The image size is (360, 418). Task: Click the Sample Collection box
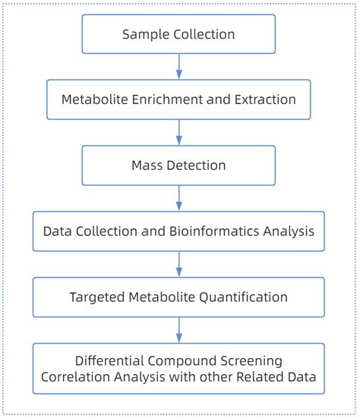(x=179, y=34)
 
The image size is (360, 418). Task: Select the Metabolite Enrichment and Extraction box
(x=179, y=99)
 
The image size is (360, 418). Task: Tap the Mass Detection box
(x=179, y=165)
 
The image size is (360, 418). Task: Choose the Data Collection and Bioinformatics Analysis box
(x=179, y=231)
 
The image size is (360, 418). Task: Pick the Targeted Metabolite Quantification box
(x=179, y=297)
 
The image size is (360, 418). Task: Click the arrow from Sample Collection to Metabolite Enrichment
(x=179, y=67)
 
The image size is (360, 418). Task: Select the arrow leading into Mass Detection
(x=179, y=132)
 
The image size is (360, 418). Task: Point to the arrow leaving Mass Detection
(x=179, y=197)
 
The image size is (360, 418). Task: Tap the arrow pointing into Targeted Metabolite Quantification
(x=179, y=263)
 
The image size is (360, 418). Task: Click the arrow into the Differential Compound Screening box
(x=179, y=329)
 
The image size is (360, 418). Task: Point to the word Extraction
(x=267, y=99)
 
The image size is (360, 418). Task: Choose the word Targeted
(x=99, y=297)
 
